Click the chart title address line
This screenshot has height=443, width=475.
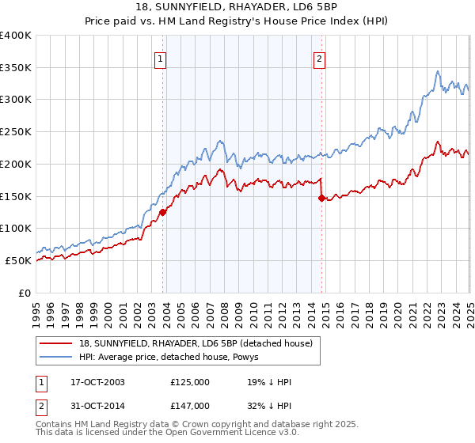click(237, 8)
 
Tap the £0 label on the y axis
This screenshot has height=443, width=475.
click(25, 293)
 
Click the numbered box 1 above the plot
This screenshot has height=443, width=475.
click(161, 58)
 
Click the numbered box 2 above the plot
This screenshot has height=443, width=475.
click(319, 58)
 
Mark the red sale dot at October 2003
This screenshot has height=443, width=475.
click(163, 212)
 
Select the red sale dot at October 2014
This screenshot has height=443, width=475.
click(321, 199)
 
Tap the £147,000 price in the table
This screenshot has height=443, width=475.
click(190, 405)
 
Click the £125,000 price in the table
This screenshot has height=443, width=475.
click(190, 382)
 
